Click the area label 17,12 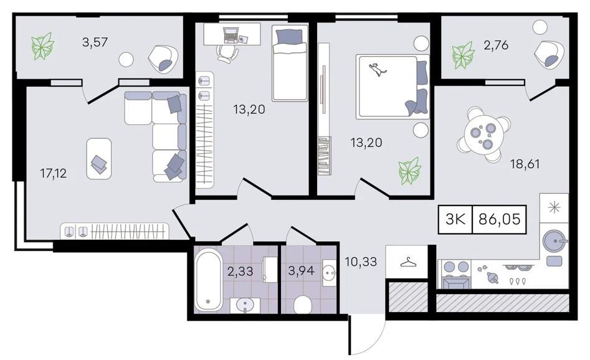(54, 173)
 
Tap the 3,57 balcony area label (95, 42)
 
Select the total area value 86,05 (499, 219)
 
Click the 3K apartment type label (456, 219)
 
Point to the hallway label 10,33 (361, 262)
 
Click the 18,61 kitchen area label (525, 164)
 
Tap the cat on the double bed (378, 70)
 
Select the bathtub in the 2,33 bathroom (209, 281)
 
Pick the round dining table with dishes (483, 135)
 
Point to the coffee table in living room (99, 158)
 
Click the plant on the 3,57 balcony (42, 46)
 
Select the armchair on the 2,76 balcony (549, 54)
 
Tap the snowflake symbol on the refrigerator (554, 208)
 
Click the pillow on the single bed (289, 37)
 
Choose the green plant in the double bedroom (409, 171)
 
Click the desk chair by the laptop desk (227, 54)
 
